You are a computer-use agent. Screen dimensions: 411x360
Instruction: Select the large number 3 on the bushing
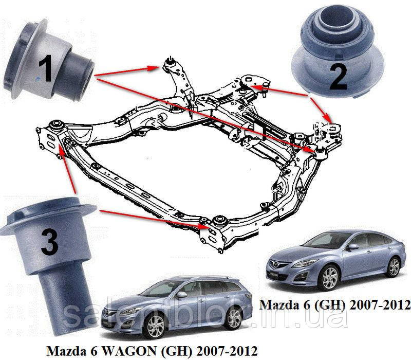point(49,242)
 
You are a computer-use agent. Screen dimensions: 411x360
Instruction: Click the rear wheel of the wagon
point(233,318)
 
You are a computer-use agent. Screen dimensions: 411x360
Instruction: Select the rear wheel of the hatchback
point(394,266)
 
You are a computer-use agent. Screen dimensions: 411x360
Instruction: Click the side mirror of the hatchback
point(352,247)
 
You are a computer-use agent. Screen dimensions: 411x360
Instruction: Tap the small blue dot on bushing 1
point(38,78)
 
